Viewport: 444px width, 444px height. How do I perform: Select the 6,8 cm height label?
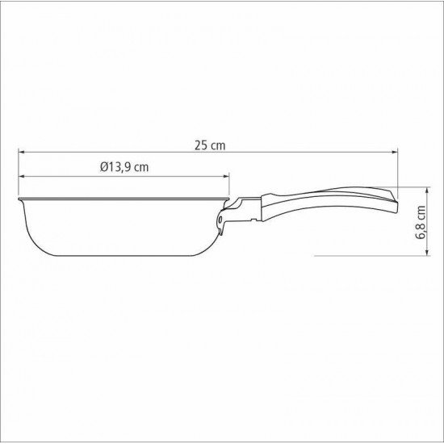[421, 221]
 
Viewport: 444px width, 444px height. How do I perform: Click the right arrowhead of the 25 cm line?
[396, 152]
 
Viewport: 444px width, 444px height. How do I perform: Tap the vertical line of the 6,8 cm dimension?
[407, 220]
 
